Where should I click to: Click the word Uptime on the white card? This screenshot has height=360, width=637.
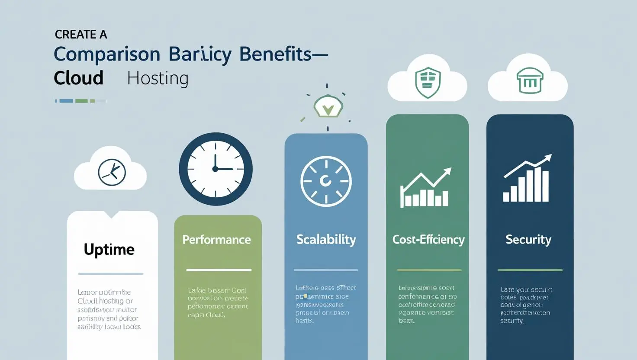pyautogui.click(x=109, y=250)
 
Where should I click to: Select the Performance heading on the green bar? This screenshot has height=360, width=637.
pyautogui.click(x=216, y=240)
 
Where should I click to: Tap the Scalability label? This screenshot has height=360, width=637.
pyautogui.click(x=326, y=240)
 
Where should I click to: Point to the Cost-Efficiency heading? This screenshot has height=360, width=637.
pyautogui.click(x=428, y=240)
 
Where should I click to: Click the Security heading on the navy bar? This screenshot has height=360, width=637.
pyautogui.click(x=528, y=240)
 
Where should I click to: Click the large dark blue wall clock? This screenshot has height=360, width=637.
pyautogui.click(x=216, y=169)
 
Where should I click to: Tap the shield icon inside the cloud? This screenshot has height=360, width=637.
pyautogui.click(x=428, y=82)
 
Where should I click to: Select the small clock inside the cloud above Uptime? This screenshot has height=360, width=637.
pyautogui.click(x=112, y=172)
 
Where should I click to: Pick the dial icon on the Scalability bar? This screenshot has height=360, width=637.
pyautogui.click(x=326, y=181)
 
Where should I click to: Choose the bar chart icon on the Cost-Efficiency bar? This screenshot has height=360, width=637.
pyautogui.click(x=425, y=189)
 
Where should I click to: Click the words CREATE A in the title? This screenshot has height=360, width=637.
pyautogui.click(x=81, y=35)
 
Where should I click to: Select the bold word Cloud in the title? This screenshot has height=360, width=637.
pyautogui.click(x=78, y=78)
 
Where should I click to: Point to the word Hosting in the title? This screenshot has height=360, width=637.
pyautogui.click(x=158, y=78)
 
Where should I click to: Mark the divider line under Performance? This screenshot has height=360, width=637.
pyautogui.click(x=219, y=270)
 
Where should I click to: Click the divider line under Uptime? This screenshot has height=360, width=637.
pyautogui.click(x=110, y=274)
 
